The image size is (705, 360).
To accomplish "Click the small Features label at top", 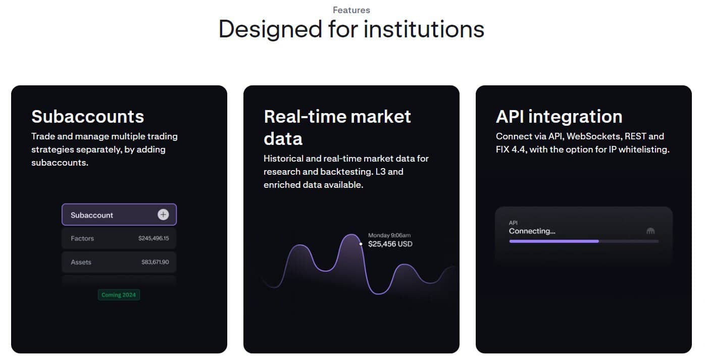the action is [x=351, y=10].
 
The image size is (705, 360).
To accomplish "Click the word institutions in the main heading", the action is [x=424, y=29].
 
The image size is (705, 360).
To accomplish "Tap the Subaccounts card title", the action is [x=87, y=117].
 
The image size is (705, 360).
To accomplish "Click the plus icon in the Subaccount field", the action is [x=163, y=215].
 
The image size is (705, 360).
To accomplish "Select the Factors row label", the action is [x=82, y=238].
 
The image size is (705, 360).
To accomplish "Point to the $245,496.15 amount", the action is [x=154, y=238].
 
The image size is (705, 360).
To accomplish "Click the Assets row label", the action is [x=81, y=262].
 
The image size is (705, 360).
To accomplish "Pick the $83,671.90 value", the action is [x=155, y=262].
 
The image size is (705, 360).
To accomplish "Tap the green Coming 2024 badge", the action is [x=119, y=295].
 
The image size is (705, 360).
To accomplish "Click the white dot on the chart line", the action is [x=361, y=244].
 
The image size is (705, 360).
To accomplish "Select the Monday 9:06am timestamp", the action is [x=389, y=235].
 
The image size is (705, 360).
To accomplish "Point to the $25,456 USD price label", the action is [x=390, y=244].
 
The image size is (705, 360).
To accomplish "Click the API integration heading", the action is [x=559, y=117].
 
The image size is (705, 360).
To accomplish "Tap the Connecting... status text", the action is [x=532, y=231].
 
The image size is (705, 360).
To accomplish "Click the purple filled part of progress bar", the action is [x=554, y=241].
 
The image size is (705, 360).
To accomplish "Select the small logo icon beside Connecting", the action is [x=650, y=231].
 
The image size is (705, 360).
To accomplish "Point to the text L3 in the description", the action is [x=380, y=172].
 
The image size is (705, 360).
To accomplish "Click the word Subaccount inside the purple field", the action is [x=91, y=215].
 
